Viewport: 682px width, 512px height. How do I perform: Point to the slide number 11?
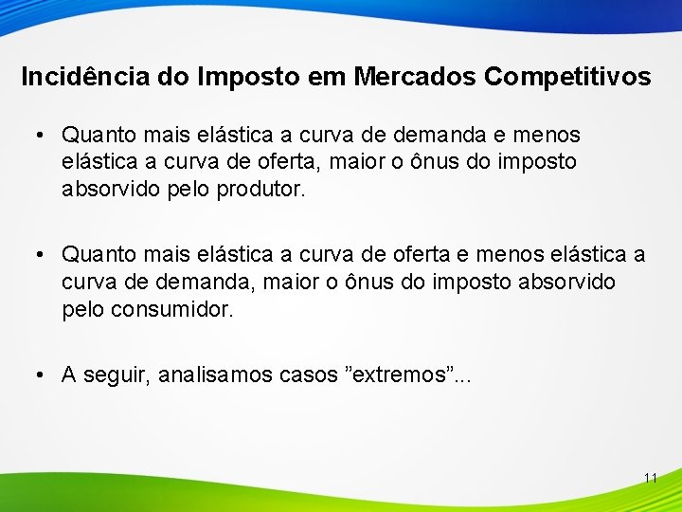pos(650,478)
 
